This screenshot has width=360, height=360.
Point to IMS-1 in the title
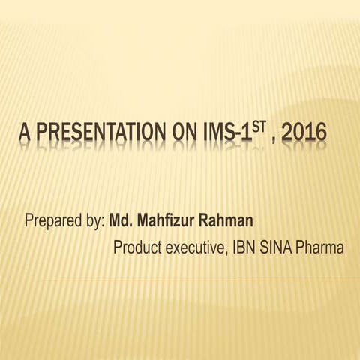[220, 136]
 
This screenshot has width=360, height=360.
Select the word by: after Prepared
[95, 222]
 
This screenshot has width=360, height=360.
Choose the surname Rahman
[229, 221]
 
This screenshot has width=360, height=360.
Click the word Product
[136, 247]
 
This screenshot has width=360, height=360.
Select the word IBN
[244, 247]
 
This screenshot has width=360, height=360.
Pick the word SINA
[277, 247]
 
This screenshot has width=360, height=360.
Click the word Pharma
[322, 247]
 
